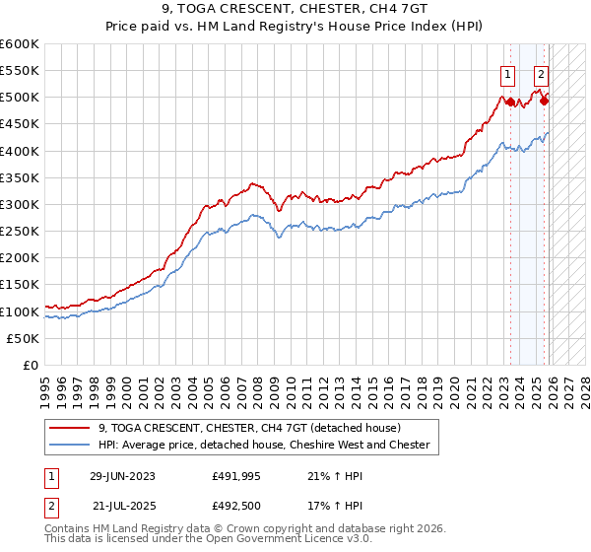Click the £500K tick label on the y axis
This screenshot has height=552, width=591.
(20, 98)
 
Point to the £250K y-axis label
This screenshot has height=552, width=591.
(20, 232)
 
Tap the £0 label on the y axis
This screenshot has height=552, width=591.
(32, 366)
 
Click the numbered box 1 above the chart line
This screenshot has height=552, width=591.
(507, 72)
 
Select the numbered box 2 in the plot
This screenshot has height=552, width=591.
(542, 72)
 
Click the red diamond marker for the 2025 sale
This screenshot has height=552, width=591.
(545, 101)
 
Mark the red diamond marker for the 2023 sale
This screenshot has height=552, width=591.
(510, 101)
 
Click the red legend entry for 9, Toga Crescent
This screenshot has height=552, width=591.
(249, 428)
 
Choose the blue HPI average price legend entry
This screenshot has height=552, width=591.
(264, 445)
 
